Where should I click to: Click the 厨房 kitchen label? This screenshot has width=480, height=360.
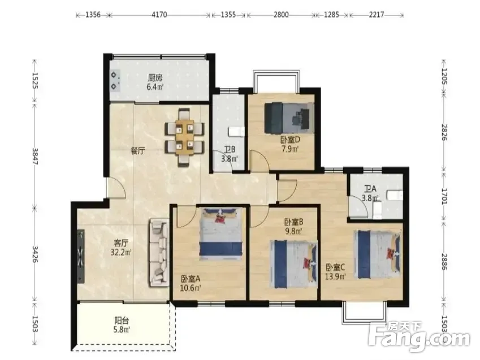click(x=155, y=78)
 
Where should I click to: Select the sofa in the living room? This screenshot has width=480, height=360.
click(x=159, y=253)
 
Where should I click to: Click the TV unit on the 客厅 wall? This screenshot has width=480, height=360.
click(x=81, y=256)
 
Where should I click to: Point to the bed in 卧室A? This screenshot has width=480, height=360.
click(x=220, y=234)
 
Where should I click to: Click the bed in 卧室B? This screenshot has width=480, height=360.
click(x=293, y=264)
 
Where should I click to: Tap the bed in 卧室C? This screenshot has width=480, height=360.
click(x=378, y=255)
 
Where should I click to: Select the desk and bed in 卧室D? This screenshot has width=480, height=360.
click(x=289, y=118)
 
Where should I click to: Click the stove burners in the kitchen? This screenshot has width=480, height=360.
click(x=115, y=80)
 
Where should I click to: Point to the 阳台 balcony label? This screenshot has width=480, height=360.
click(x=122, y=320)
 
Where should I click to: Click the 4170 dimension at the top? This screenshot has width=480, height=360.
click(x=159, y=15)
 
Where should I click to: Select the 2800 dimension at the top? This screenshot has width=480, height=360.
click(x=281, y=15)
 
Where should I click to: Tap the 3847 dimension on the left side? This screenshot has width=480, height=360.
click(x=34, y=156)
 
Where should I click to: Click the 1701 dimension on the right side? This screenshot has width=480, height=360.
click(x=444, y=196)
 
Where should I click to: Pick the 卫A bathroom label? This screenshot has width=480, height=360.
click(x=370, y=189)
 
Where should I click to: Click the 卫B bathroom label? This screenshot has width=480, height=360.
click(x=230, y=150)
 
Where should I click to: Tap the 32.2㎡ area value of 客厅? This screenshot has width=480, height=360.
click(x=121, y=253)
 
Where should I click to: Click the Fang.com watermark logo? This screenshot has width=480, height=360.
click(x=420, y=336)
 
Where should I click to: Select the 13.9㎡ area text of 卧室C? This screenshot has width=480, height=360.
click(x=335, y=277)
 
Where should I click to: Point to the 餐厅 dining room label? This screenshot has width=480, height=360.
click(x=138, y=151)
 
